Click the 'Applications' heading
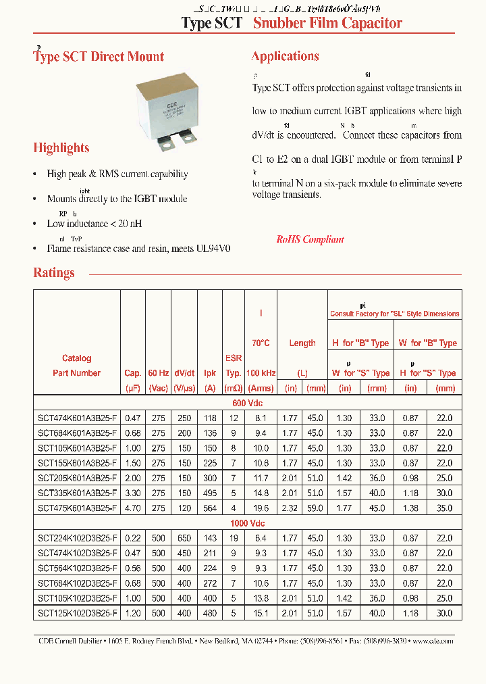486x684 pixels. (285, 56)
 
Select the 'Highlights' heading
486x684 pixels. (61, 147)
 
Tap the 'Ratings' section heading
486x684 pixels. (54, 273)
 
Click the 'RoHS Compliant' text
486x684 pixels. (310, 240)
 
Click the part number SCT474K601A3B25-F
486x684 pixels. (77, 418)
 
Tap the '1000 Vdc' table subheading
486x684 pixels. (248, 523)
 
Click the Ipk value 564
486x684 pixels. (211, 508)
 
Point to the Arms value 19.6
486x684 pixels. (261, 508)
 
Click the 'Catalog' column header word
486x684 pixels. (76, 358)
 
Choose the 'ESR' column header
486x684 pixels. (233, 358)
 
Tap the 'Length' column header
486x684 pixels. (302, 343)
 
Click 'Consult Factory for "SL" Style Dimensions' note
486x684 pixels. (394, 314)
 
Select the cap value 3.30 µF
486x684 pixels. (132, 493)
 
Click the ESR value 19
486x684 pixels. (233, 537)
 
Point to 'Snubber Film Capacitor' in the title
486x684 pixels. (327, 23)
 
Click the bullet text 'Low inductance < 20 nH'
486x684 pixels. (94, 224)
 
